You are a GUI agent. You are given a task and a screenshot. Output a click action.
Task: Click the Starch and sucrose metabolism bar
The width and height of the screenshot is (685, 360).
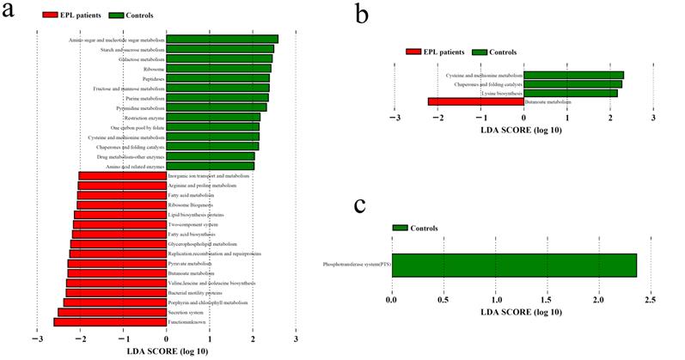[x=219, y=48]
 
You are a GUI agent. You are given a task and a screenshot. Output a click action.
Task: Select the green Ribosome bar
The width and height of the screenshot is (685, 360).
[x=218, y=68]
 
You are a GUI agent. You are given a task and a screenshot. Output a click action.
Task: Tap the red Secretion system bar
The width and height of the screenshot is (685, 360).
[x=112, y=312]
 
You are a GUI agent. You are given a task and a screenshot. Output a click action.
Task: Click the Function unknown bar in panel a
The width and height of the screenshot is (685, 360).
[x=109, y=322]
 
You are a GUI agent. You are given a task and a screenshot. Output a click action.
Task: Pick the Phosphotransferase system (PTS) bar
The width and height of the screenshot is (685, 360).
[x=514, y=266]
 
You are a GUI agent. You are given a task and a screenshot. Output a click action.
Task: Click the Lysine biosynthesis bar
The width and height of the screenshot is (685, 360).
[x=570, y=93]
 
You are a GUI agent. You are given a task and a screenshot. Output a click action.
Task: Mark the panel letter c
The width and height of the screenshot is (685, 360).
[x=361, y=205]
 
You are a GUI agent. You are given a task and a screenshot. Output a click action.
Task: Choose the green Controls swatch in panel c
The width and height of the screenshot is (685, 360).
[x=401, y=228]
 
